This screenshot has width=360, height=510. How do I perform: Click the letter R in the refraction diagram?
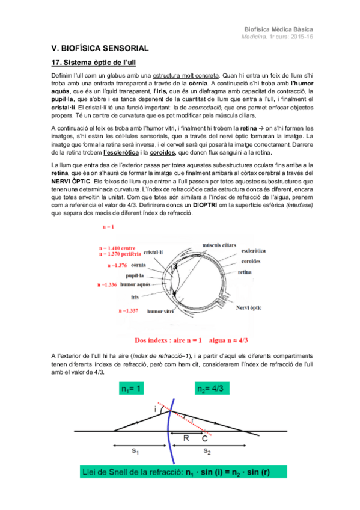coord(186,438)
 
